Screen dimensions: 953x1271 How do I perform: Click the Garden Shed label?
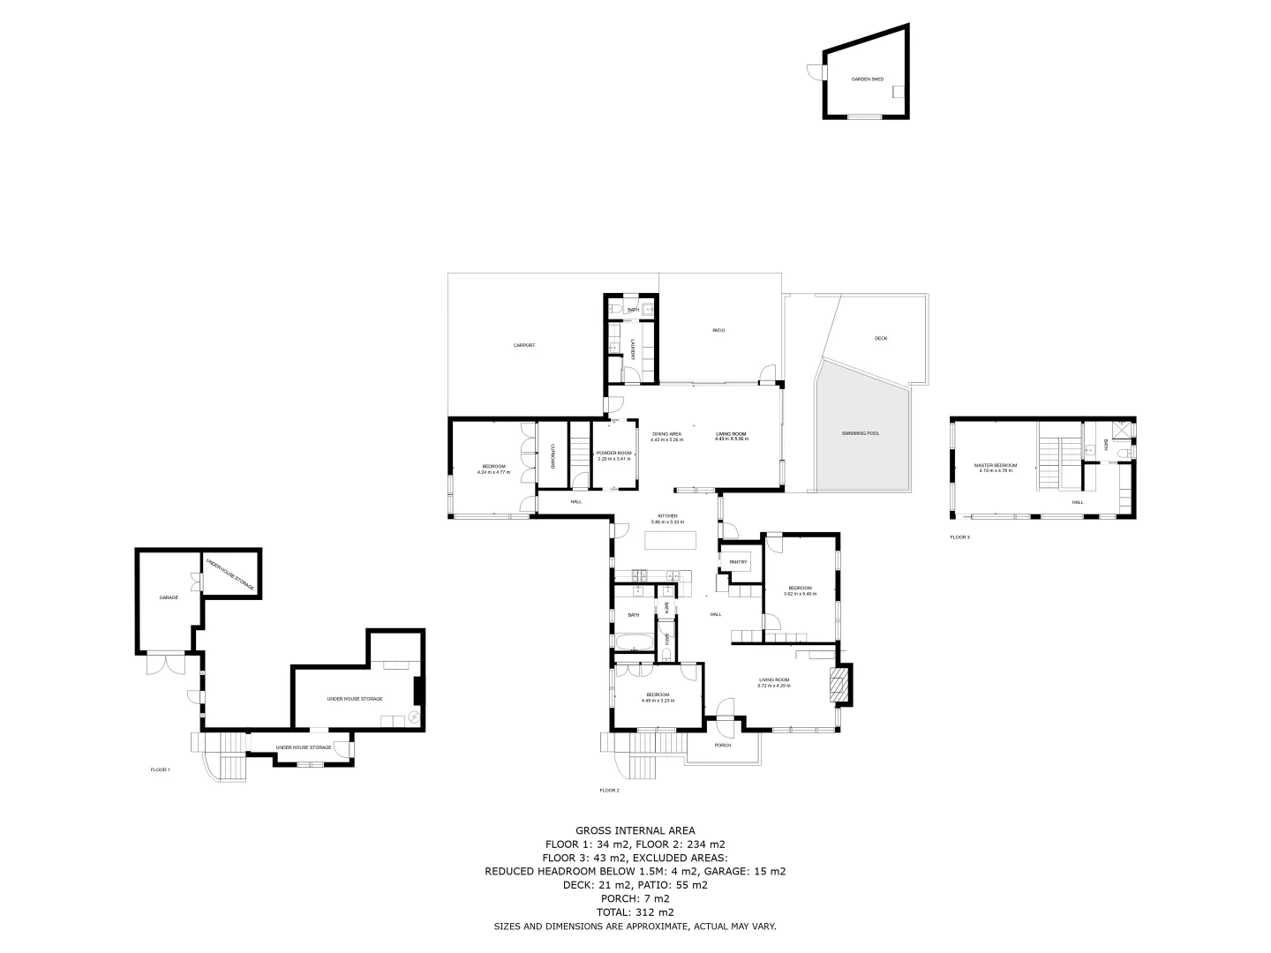[867, 79]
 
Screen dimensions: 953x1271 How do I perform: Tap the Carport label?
[524, 345]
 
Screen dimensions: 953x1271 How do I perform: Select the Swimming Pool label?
[861, 433]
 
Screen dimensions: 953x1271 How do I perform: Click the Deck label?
[880, 339]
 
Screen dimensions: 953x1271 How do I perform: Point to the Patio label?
[718, 331]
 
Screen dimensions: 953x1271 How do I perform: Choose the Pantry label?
[738, 562]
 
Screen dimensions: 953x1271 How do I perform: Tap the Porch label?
[722, 746]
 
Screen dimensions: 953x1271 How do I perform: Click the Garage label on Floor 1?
[169, 597]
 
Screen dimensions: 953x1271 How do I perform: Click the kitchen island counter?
[671, 539]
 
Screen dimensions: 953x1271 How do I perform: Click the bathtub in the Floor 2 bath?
[634, 642]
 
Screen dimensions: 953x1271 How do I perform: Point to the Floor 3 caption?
[959, 537]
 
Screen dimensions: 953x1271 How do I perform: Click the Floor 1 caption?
[160, 769]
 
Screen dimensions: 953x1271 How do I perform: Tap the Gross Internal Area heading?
[635, 830]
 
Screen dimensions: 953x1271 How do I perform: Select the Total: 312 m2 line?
[635, 912]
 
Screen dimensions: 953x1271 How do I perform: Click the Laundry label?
[632, 349]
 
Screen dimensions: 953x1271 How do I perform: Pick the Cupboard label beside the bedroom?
[553, 454]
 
